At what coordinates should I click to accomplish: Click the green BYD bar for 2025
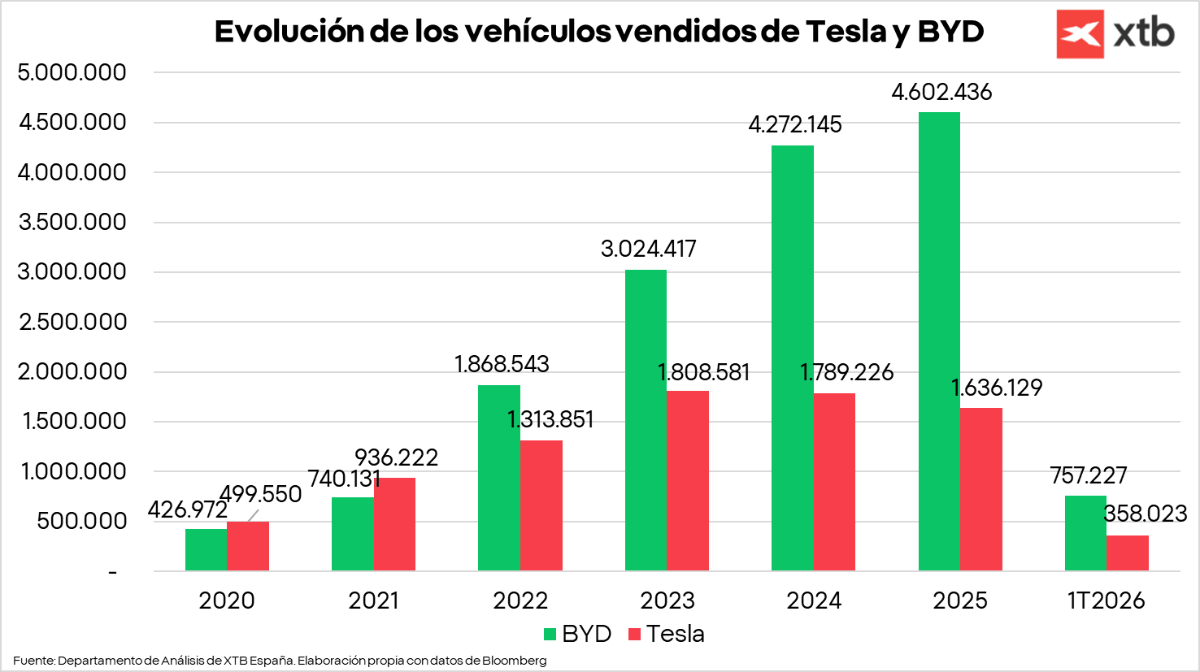coord(939,341)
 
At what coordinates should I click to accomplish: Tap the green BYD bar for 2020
coord(206,550)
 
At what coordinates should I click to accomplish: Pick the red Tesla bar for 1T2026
coord(1127,553)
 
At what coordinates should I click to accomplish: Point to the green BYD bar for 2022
coord(499,478)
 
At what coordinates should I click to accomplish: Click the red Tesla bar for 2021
coord(394,524)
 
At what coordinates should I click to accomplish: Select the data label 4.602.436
coord(941,92)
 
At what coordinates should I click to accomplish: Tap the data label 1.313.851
coord(550,419)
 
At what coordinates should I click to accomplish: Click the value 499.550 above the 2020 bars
coord(260,494)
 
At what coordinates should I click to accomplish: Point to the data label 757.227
coord(1089,475)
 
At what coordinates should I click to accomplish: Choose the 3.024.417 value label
coord(648,249)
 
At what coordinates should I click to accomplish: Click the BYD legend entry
coord(577,634)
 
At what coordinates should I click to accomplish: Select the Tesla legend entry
coord(667,634)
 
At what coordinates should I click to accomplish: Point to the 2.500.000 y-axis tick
coord(72,322)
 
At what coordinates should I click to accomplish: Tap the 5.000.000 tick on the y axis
coord(72,72)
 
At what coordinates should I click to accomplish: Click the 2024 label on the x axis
coord(814,600)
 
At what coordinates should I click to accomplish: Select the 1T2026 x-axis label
coord(1106,600)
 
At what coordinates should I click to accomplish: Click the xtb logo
coord(1115,34)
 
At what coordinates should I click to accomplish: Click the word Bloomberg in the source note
coord(514,661)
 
